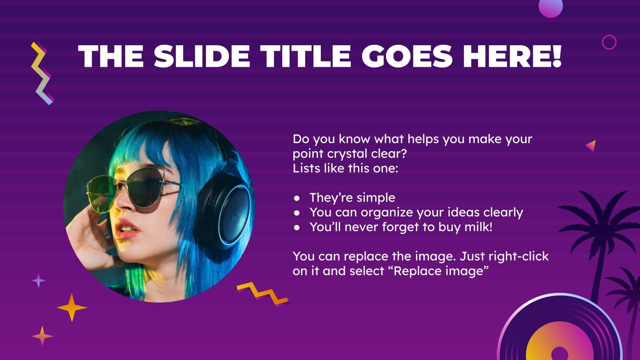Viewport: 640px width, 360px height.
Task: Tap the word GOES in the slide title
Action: [408, 56]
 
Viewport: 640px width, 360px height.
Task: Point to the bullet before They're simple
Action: [296, 198]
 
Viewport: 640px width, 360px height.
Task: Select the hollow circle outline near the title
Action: [609, 42]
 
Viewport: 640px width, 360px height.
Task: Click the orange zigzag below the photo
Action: [262, 294]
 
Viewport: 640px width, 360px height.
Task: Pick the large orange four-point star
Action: [72, 307]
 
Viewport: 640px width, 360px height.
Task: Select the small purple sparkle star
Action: [38, 280]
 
